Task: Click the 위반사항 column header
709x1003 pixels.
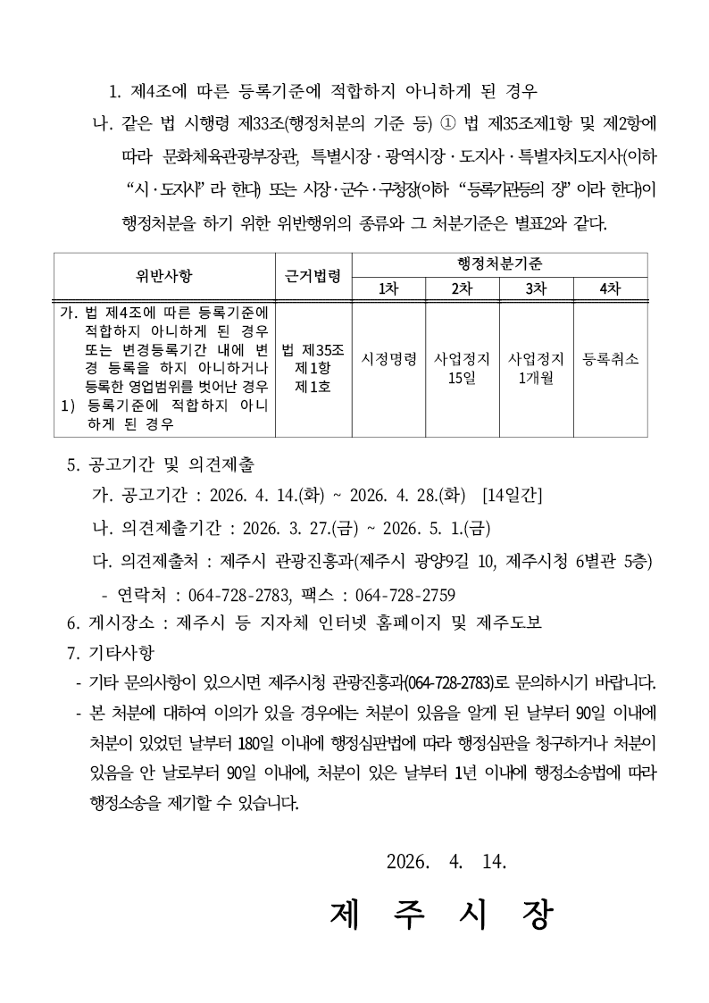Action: [164, 275]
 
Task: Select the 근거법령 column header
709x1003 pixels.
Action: [313, 275]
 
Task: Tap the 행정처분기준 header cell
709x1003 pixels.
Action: [499, 264]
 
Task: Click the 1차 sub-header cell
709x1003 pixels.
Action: [388, 288]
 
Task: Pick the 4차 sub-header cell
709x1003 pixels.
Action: [610, 288]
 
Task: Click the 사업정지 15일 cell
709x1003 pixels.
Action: [462, 368]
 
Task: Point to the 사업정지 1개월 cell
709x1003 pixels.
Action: [536, 368]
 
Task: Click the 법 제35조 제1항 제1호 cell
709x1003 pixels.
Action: [313, 367]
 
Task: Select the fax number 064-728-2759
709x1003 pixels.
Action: [405, 595]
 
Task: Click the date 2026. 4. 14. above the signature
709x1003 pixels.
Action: [446, 862]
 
